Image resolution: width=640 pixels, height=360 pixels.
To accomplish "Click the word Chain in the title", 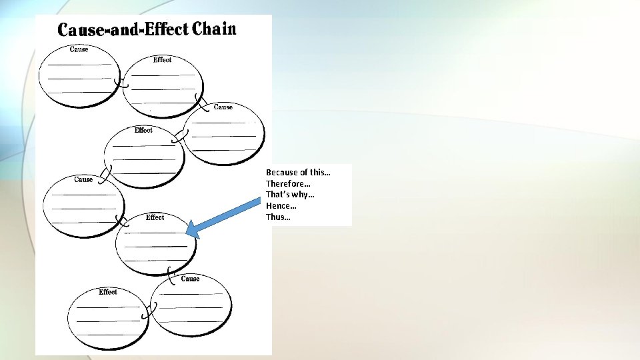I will tap(214, 29).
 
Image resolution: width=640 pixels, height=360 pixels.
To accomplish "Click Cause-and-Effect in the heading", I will tap(123, 30).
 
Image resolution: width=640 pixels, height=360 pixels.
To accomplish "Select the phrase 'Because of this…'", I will tap(298, 173).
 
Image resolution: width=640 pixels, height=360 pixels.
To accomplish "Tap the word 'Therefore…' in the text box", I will tap(288, 183).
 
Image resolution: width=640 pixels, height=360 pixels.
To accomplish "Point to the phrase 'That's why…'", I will tap(290, 195).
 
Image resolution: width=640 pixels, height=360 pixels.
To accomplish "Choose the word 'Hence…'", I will tap(281, 206).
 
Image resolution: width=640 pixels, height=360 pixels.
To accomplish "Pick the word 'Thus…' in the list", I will tap(278, 217).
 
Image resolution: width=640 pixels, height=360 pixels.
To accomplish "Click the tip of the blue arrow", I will tap(188, 231).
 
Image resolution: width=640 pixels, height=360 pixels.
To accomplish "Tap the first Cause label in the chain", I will tap(79, 49).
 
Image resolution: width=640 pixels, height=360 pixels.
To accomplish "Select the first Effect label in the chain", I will tap(162, 60).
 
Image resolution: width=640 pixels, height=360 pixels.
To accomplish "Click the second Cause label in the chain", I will tap(223, 107).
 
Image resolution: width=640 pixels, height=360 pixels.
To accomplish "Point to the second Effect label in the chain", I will tap(143, 130).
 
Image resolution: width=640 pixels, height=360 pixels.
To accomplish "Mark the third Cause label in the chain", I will tap(83, 179).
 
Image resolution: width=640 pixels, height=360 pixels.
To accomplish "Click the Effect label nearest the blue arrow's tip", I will tap(155, 217).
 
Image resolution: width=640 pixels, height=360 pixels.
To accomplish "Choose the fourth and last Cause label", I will tap(190, 279).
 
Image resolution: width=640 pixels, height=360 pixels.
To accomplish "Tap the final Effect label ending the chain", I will tap(107, 292).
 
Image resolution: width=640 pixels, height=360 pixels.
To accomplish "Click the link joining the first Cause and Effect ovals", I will tap(121, 83).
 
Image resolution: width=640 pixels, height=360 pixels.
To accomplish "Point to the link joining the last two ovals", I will tap(153, 309).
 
